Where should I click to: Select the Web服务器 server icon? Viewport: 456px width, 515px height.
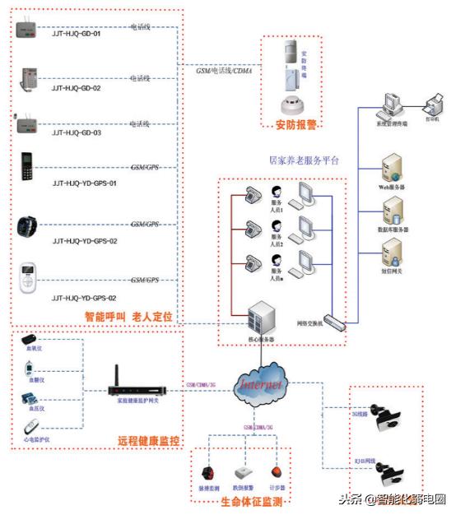(391, 169)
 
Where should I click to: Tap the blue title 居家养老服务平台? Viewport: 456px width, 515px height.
(304, 160)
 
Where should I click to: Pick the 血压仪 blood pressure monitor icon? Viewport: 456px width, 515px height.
(30, 399)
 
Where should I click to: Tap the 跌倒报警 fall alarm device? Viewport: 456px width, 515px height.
(244, 473)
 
